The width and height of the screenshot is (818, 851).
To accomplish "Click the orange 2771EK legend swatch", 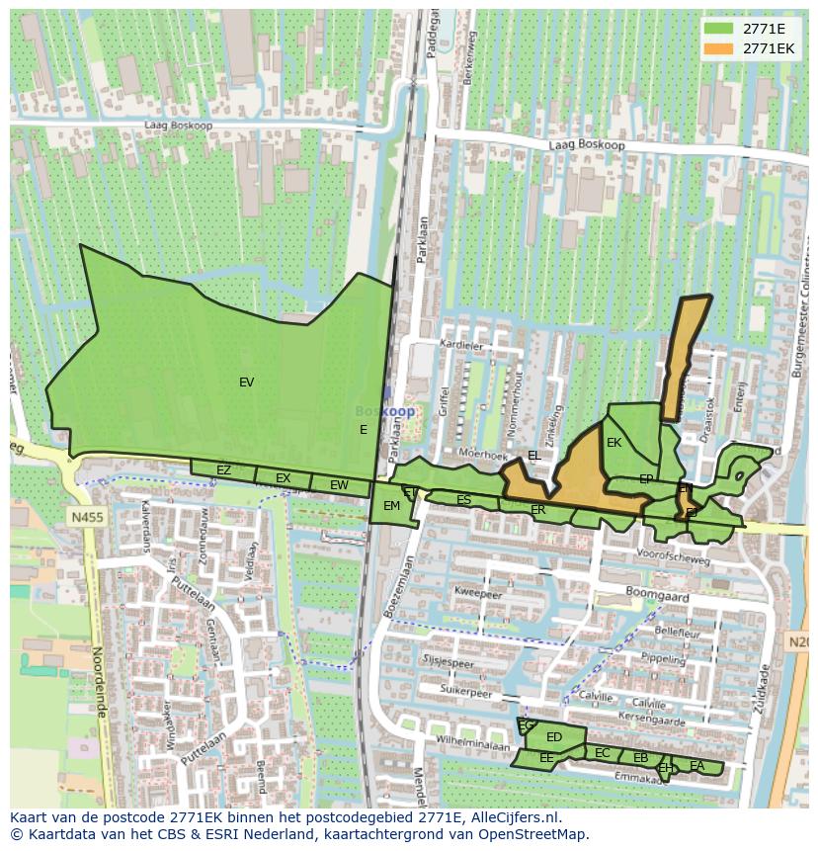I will click(720, 48).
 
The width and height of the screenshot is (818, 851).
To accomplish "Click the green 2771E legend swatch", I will click(720, 29).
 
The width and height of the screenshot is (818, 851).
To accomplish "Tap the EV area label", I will click(246, 383).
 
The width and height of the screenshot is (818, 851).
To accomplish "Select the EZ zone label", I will click(223, 470).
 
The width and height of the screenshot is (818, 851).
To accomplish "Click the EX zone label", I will click(283, 478).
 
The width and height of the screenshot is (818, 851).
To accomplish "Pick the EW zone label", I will click(339, 485).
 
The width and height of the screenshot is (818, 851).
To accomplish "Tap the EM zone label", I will click(391, 506).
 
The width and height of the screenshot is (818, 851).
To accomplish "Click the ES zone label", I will click(463, 500).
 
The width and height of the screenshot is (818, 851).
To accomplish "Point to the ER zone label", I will click(537, 510).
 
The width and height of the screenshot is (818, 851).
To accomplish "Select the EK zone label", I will click(613, 443).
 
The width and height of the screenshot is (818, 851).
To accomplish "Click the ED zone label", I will click(553, 737).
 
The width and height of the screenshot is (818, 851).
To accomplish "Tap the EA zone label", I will click(697, 766).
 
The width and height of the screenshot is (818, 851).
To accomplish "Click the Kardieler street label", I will click(463, 346).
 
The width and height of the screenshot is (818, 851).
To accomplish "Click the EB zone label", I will click(640, 758).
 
